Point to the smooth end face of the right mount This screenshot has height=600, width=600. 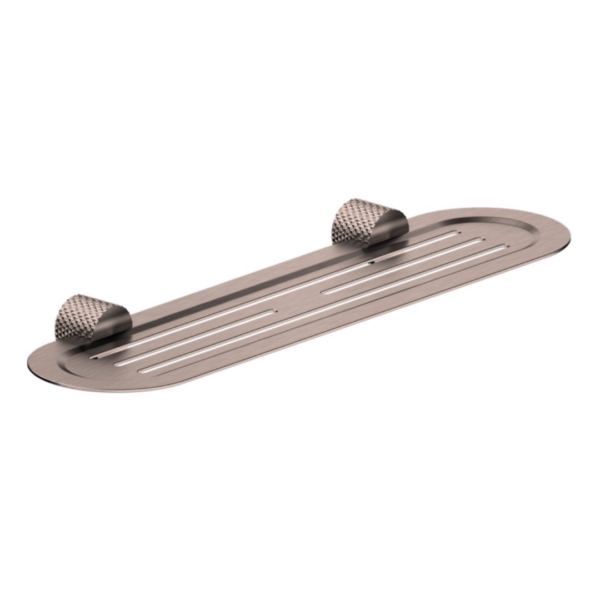[396, 229]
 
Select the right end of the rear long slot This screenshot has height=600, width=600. [458, 232]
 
